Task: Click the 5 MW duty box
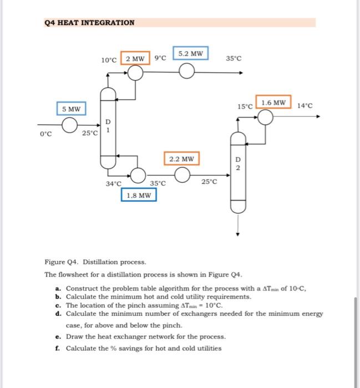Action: point(71,109)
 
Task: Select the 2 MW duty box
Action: point(135,59)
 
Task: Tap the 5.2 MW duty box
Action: point(190,54)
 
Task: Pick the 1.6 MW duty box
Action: point(273,103)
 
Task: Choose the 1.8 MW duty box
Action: point(139,195)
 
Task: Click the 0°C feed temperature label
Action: point(45,133)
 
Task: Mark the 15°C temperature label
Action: point(245,105)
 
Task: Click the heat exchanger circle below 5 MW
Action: point(69,127)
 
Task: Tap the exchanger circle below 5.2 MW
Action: point(187,72)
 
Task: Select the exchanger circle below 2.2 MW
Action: point(181,175)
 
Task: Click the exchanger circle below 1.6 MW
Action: point(266,117)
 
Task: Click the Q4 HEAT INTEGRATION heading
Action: point(89,23)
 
